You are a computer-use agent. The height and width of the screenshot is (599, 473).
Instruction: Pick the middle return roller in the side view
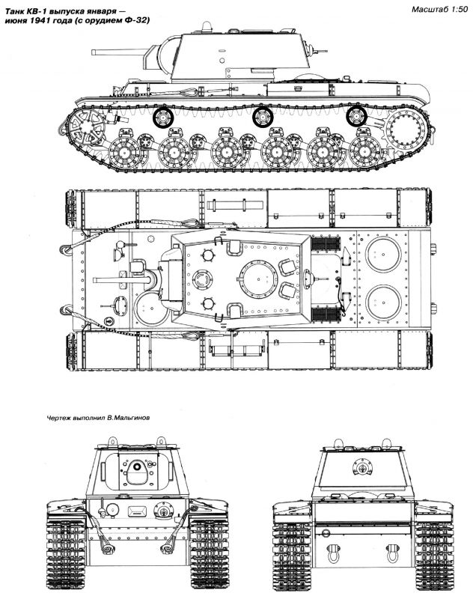(x=261, y=115)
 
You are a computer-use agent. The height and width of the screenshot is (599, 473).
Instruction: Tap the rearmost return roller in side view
(x=357, y=115)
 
